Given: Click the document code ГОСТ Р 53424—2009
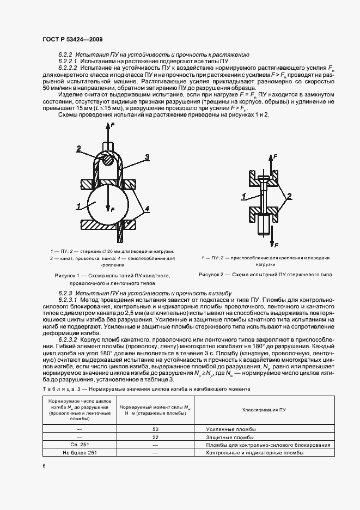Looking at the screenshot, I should pos(71,40).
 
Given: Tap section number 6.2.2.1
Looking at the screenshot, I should pos(69,62).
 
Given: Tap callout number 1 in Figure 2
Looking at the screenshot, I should pos(244,195).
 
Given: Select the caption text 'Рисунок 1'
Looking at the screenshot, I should pos(68,276).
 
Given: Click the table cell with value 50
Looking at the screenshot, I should pos(155,429).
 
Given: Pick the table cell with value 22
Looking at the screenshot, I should pos(155,437).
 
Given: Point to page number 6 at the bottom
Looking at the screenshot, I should pos(43,466).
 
